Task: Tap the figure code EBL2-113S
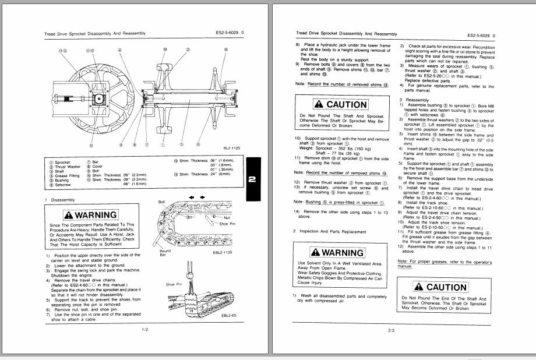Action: coord(224,253)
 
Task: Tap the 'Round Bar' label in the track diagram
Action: coord(165,253)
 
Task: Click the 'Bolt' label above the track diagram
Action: coord(163,201)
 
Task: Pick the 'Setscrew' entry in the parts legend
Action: coord(62,185)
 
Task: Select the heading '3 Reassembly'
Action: coord(416,100)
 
